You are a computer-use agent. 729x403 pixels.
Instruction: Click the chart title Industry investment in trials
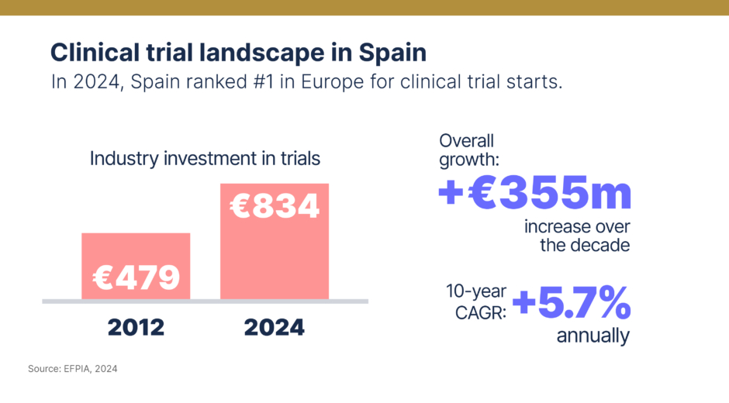click(205, 159)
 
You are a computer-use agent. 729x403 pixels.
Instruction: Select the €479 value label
click(136, 277)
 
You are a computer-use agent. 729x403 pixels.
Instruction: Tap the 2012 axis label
click(136, 327)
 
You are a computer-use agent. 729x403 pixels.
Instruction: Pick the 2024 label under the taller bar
click(275, 327)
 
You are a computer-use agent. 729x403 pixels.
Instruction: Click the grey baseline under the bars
click(205, 301)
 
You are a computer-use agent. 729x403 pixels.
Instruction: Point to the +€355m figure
click(534, 193)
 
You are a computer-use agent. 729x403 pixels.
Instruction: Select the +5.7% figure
click(571, 304)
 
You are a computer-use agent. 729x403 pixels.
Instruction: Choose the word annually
click(593, 337)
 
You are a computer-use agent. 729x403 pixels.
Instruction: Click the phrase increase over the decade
click(577, 236)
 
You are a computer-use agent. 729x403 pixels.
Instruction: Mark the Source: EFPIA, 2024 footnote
click(73, 369)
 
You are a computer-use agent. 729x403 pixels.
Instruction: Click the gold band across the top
click(364, 7)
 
